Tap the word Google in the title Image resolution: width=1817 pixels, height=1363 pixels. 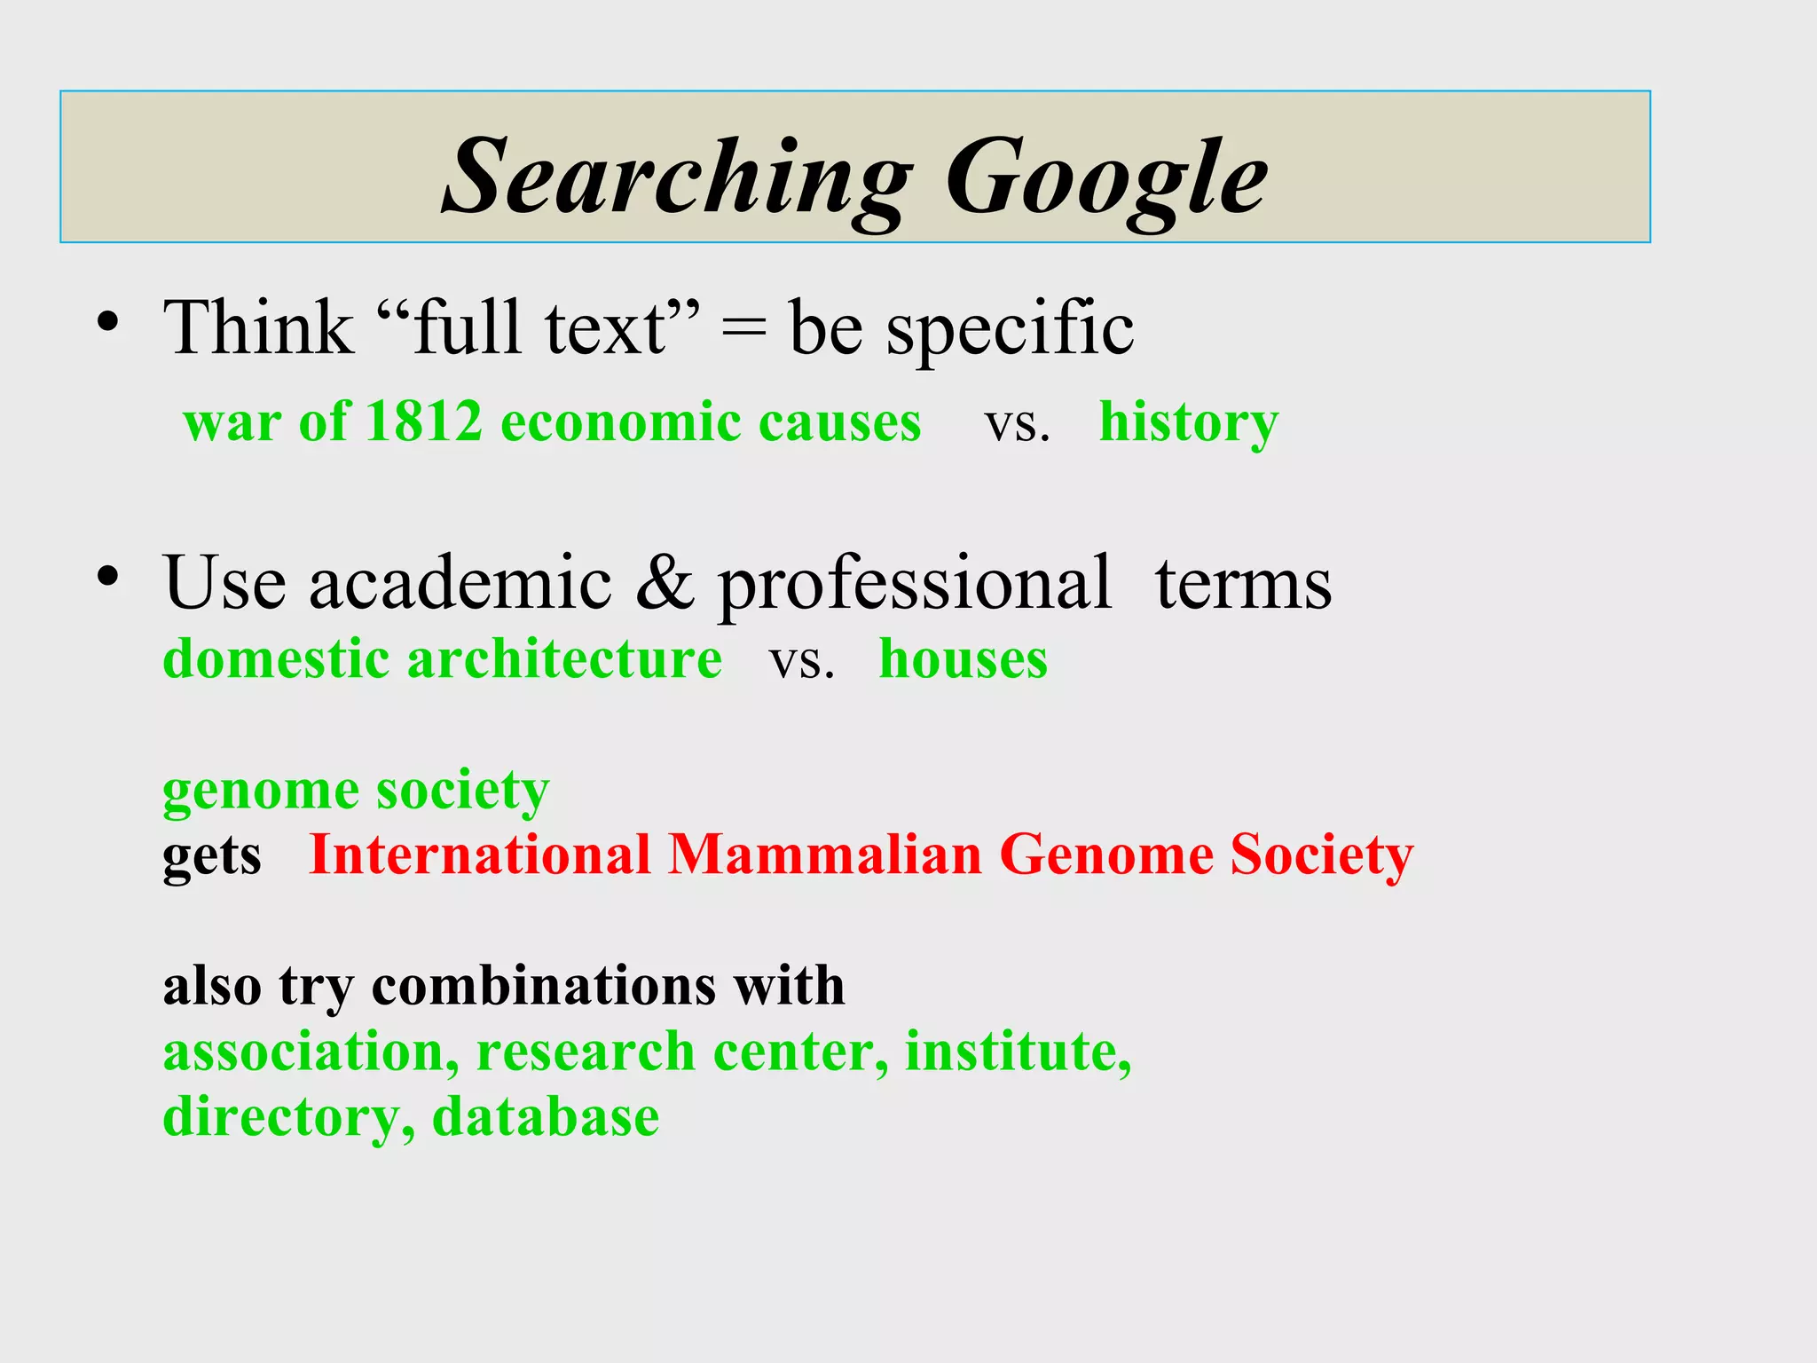(x=1106, y=177)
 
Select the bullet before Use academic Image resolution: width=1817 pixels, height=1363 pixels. (x=108, y=578)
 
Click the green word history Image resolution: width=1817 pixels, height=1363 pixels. (x=1189, y=422)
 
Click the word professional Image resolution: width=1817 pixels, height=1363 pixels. (x=914, y=586)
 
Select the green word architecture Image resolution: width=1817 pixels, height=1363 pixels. (x=564, y=659)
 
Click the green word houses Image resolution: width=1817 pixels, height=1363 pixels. (x=964, y=660)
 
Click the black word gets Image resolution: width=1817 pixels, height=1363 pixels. (x=212, y=857)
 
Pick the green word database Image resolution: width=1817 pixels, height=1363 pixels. (x=546, y=1116)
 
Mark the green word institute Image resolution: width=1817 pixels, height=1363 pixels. (x=1017, y=1052)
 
